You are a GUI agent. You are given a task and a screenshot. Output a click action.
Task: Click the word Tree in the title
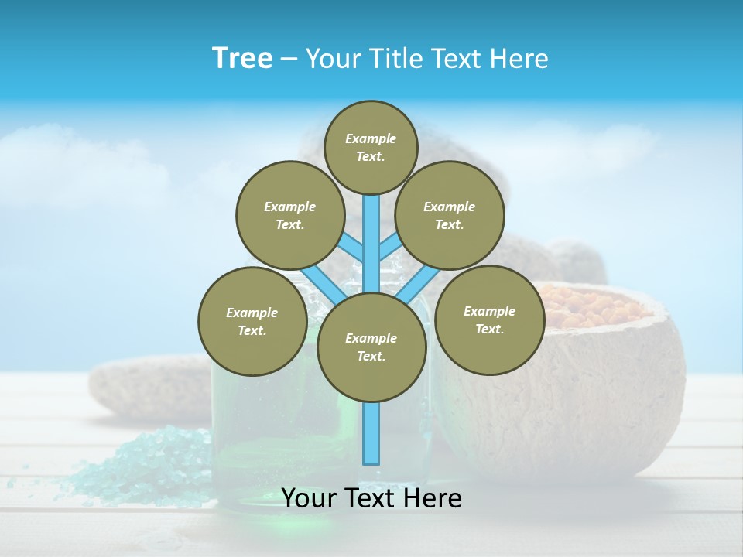tap(242, 58)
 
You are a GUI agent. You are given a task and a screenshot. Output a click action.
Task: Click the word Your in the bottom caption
tap(310, 498)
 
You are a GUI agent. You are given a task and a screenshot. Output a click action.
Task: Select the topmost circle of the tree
tap(371, 147)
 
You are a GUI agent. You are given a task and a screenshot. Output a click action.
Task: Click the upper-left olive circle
tap(289, 215)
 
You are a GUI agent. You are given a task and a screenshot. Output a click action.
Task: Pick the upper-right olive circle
tap(450, 215)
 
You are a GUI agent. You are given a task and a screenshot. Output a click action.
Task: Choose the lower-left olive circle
tap(252, 321)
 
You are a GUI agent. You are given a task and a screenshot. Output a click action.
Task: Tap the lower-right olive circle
tap(489, 320)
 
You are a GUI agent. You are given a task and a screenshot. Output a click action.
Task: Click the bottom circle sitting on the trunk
tap(371, 347)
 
